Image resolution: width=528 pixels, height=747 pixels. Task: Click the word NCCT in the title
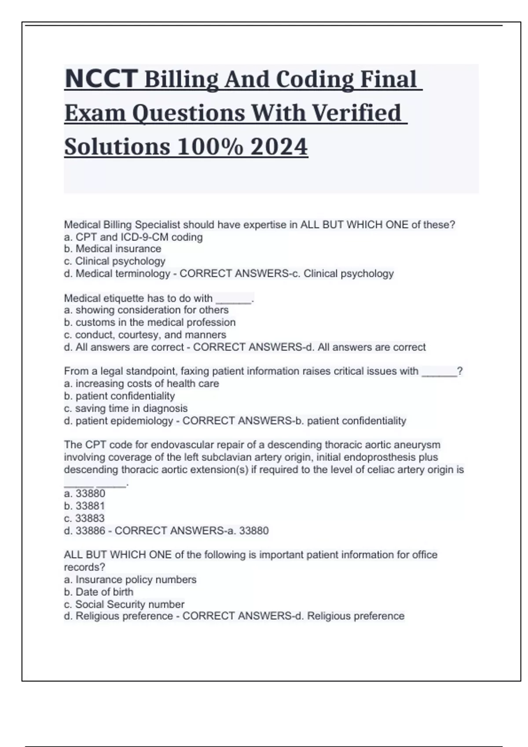101,79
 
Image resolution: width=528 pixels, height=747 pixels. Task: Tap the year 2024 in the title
279,147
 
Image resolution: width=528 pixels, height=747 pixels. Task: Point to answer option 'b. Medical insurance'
112,249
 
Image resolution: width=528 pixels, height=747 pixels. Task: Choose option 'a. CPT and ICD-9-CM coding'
133,237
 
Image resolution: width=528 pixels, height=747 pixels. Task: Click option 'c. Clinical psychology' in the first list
114,261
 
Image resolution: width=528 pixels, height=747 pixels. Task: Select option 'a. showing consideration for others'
146,310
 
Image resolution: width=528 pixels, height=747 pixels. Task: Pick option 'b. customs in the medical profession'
150,323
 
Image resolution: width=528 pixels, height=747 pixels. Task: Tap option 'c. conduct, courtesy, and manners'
145,335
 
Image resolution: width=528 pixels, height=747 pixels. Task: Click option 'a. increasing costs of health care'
141,384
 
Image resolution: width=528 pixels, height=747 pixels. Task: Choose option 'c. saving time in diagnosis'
125,409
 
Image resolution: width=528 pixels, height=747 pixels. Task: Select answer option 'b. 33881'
84,506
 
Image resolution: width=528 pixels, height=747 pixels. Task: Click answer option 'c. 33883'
84,518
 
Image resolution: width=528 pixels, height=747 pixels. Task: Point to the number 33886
91,531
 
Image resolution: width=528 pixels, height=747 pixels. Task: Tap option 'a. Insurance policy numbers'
130,580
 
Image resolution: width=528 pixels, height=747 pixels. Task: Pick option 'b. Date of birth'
99,592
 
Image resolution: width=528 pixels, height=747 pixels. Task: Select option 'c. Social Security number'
124,604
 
